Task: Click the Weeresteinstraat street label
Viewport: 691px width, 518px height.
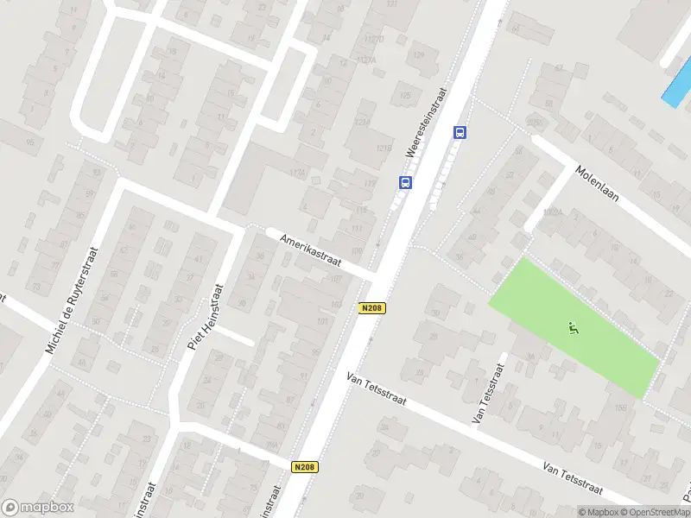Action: tap(426, 123)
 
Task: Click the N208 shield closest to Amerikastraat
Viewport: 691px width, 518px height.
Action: tap(372, 307)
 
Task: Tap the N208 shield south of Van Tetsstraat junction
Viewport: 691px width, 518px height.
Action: tap(305, 467)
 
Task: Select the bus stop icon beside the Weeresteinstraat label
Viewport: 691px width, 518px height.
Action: tap(404, 182)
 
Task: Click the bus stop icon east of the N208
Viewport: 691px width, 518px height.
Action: tap(460, 132)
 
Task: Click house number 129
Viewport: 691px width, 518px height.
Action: tap(420, 56)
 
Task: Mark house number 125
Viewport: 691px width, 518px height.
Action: tap(405, 95)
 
